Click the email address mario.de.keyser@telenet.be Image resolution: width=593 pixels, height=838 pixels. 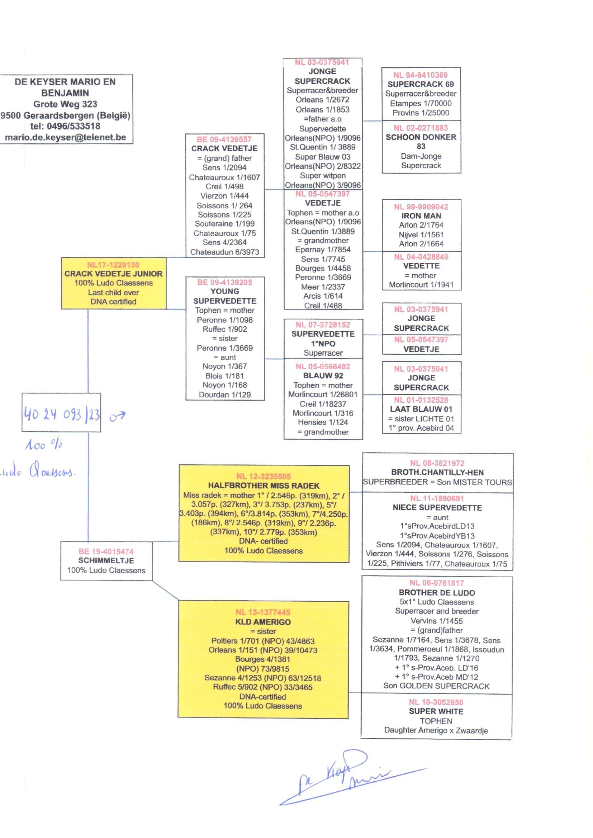click(65, 137)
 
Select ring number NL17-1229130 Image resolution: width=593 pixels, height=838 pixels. click(113, 265)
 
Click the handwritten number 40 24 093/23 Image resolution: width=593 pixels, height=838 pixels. click(61, 415)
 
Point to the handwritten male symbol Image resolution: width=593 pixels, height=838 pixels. click(117, 416)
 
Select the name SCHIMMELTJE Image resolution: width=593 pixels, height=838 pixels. click(106, 560)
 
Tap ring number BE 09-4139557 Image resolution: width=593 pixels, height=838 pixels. click(224, 139)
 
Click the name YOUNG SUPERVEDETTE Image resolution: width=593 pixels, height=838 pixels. click(224, 296)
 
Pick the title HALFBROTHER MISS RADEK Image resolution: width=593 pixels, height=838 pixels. click(264, 486)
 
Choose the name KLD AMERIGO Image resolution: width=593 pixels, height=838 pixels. click(263, 622)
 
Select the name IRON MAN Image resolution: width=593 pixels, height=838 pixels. click(421, 216)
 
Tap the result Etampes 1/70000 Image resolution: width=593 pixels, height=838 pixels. click(421, 103)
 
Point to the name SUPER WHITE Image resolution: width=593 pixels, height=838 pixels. click(436, 711)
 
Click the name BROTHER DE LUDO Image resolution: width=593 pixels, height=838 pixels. click(437, 593)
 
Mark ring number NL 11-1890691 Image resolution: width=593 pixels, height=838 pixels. click(437, 498)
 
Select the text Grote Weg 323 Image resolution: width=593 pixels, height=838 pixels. click(65, 104)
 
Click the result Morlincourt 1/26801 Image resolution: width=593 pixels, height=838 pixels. click(323, 394)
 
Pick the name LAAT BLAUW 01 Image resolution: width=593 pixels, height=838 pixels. click(421, 409)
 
